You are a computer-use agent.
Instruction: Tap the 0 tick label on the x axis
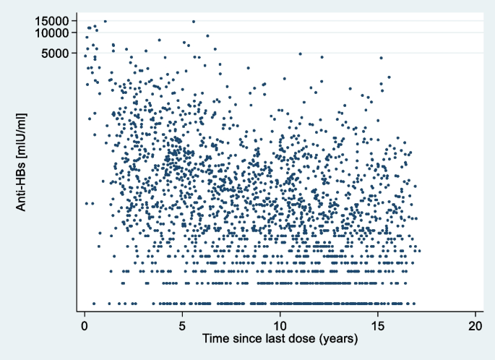click(x=85, y=325)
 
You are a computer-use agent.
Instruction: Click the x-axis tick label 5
click(x=183, y=325)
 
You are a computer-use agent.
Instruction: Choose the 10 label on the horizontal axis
click(x=280, y=325)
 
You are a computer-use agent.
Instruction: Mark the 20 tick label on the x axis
click(x=476, y=325)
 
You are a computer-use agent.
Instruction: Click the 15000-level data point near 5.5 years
click(x=193, y=21)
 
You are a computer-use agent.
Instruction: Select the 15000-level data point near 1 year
click(x=105, y=21)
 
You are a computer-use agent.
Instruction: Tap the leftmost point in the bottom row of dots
click(x=93, y=304)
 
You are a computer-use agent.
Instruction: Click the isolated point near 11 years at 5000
click(x=301, y=53)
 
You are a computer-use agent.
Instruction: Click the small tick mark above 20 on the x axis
click(x=476, y=314)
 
